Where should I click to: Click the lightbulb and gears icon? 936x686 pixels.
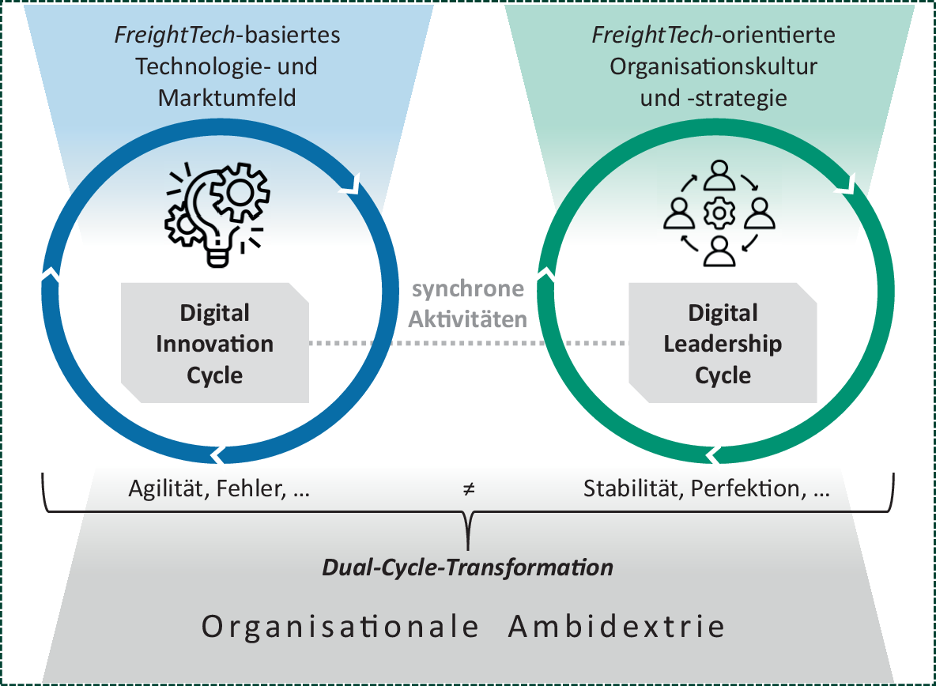[215, 213]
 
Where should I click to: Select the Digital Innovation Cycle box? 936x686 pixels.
[215, 344]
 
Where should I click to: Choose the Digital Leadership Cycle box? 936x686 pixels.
[723, 344]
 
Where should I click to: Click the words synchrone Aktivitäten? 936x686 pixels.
[468, 304]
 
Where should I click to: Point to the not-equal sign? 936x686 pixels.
[469, 489]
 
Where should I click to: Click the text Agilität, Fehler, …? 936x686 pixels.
[219, 489]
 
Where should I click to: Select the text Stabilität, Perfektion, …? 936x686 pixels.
[707, 489]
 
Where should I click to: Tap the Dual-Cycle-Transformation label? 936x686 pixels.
[468, 567]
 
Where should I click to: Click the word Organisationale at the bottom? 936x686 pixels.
[341, 628]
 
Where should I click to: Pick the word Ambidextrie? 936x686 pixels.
[617, 628]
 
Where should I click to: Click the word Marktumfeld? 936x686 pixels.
[227, 98]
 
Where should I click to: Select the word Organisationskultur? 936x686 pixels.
[713, 66]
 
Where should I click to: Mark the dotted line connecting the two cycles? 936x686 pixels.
[468, 343]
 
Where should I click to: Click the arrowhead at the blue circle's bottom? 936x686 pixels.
[219, 454]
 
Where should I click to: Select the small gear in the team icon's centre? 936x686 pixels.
[719, 213]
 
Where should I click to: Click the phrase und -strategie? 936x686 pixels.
[713, 98]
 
